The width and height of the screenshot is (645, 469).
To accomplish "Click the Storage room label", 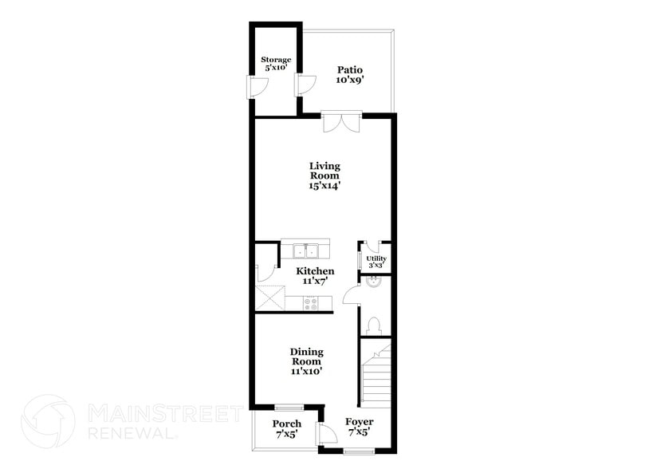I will coord(276,65).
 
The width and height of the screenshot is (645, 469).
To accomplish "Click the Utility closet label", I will coord(376,262).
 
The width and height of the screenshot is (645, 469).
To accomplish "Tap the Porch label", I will coord(286,428).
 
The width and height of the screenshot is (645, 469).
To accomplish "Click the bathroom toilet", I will coord(374,325).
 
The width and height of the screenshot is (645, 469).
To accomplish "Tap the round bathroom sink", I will coord(374,281).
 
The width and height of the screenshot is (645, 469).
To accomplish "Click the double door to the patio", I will coord(341,121).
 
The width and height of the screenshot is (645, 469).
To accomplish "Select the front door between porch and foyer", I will coord(325,434).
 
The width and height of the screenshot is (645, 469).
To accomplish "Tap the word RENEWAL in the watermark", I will coord(131,432).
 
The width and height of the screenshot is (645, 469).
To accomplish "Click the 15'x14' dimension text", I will coord(324,186).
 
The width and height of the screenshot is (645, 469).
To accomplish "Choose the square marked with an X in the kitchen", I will coord(269,298).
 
